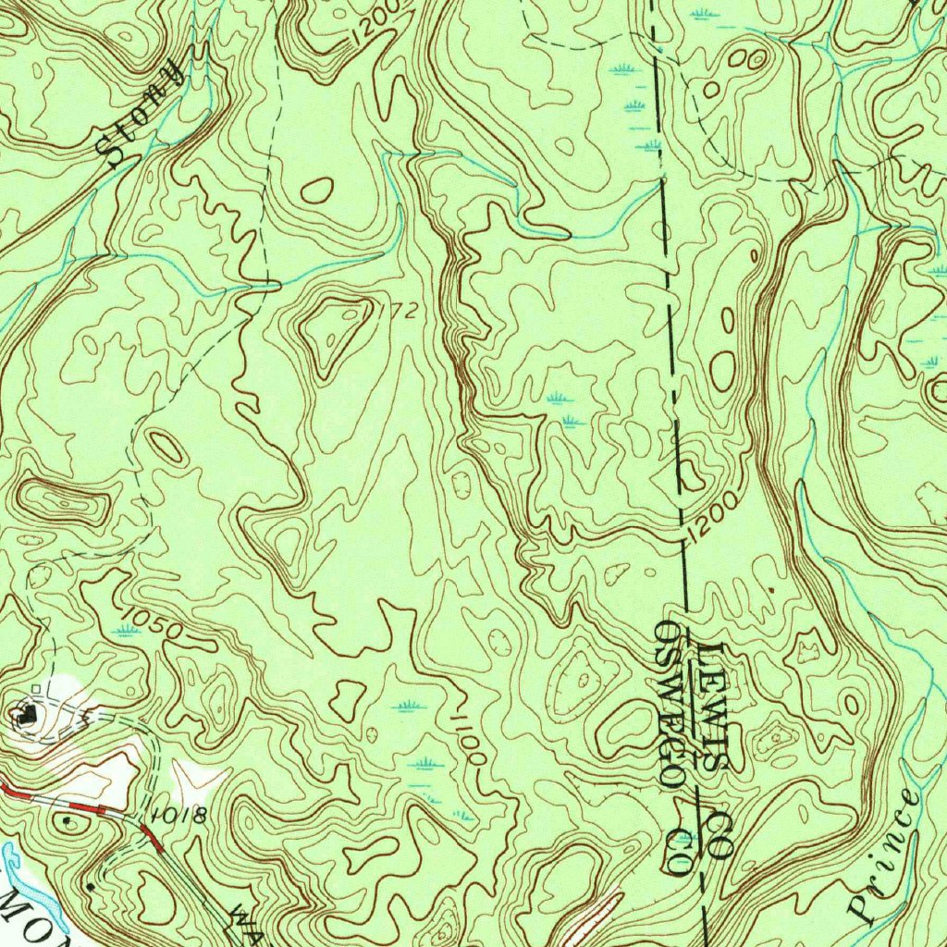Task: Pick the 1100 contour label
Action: click(x=468, y=737)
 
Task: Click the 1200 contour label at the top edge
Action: click(x=379, y=22)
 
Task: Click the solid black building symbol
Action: click(x=28, y=713)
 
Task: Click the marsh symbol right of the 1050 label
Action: click(x=126, y=631)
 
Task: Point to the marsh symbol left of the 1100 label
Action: click(x=408, y=707)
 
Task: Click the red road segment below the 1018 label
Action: click(x=153, y=839)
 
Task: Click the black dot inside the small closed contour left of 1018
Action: click(x=67, y=818)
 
